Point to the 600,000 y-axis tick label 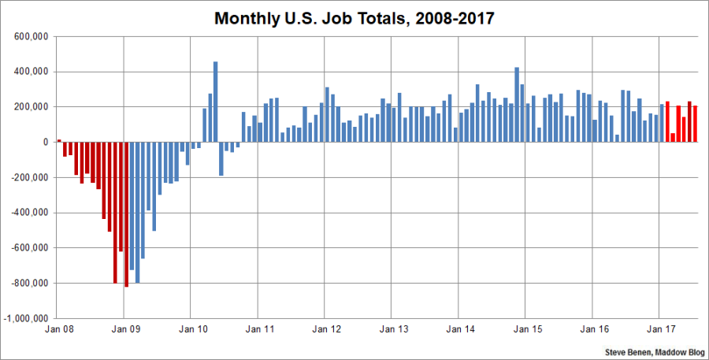(x=32, y=36)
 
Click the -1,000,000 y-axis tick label (x=28, y=319)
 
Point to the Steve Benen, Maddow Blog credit (x=655, y=351)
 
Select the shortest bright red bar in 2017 (x=673, y=137)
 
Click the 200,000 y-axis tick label (x=32, y=106)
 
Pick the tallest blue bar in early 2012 (x=327, y=114)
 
